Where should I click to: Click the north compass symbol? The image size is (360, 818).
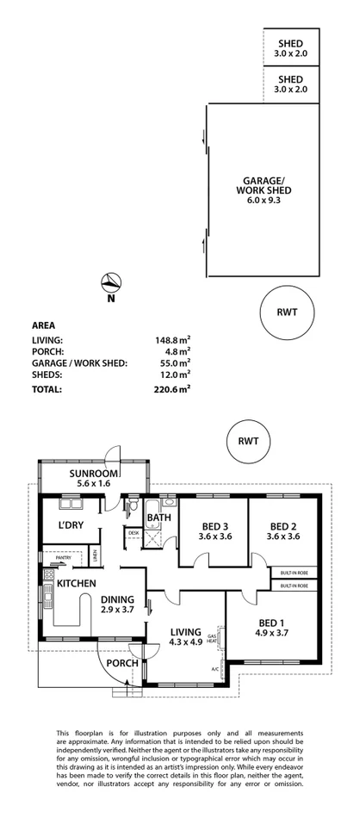tap(110, 282)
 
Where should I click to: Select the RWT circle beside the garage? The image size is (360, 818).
tap(287, 313)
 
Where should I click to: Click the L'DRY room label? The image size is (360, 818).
tap(71, 524)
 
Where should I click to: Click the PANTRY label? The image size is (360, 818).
tap(62, 558)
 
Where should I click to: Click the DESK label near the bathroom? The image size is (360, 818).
tap(133, 534)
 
